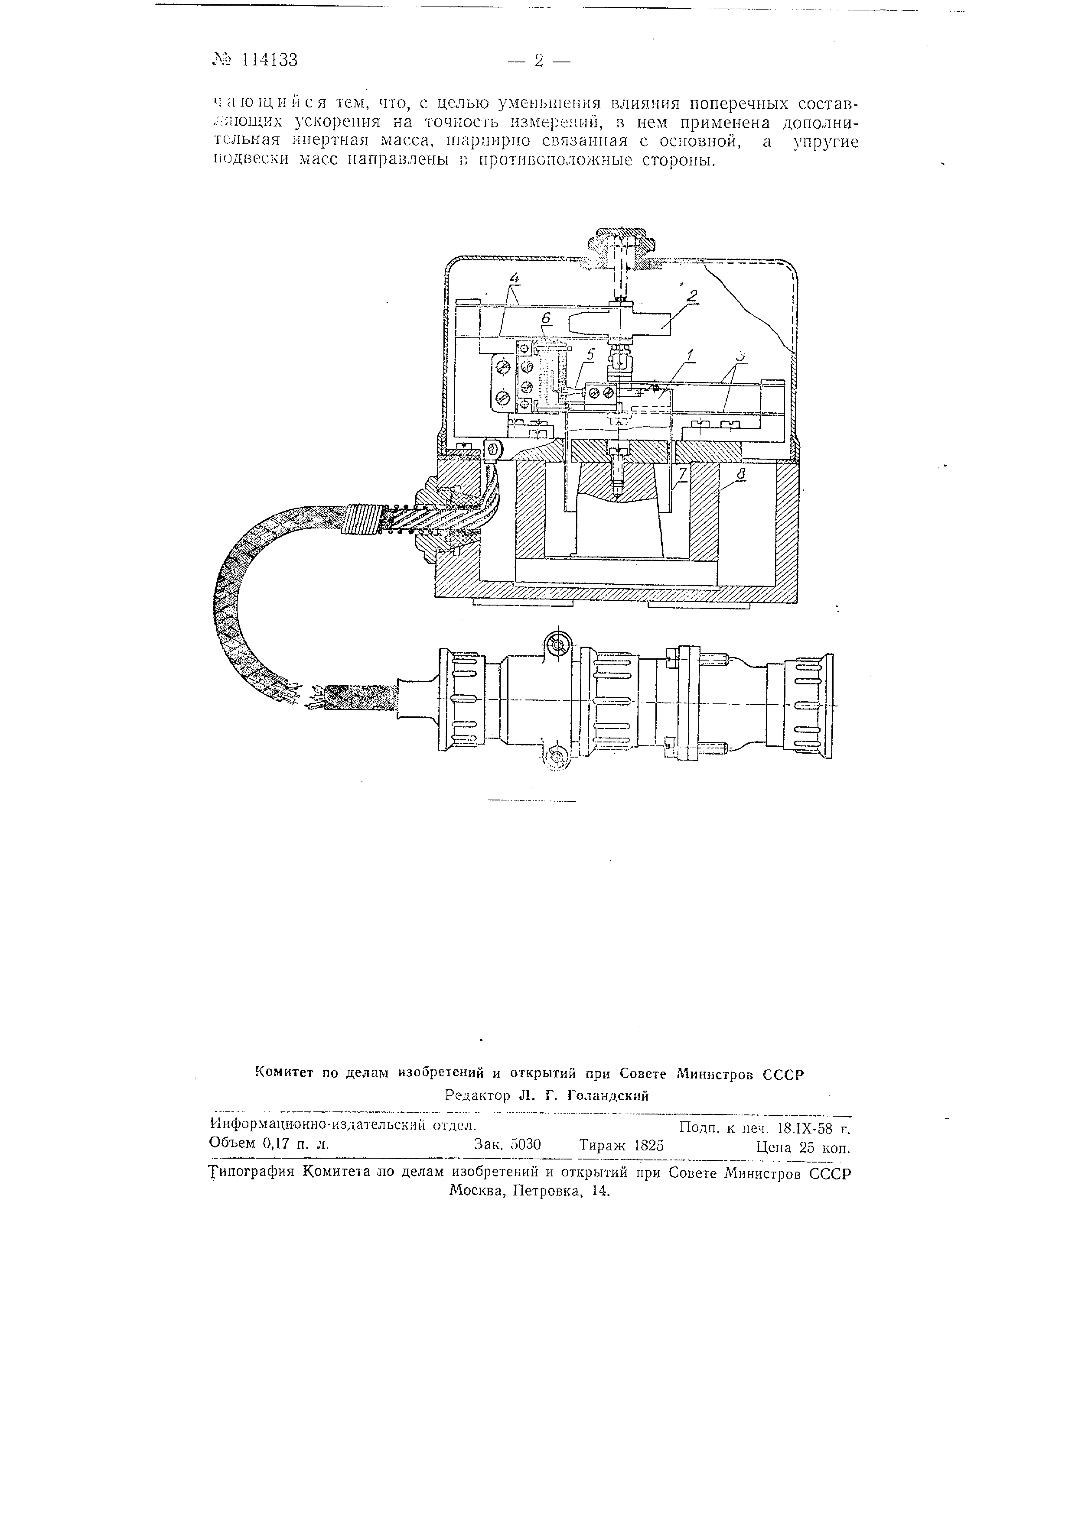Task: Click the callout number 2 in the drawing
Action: [692, 296]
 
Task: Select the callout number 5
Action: [591, 355]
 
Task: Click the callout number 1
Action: [691, 355]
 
